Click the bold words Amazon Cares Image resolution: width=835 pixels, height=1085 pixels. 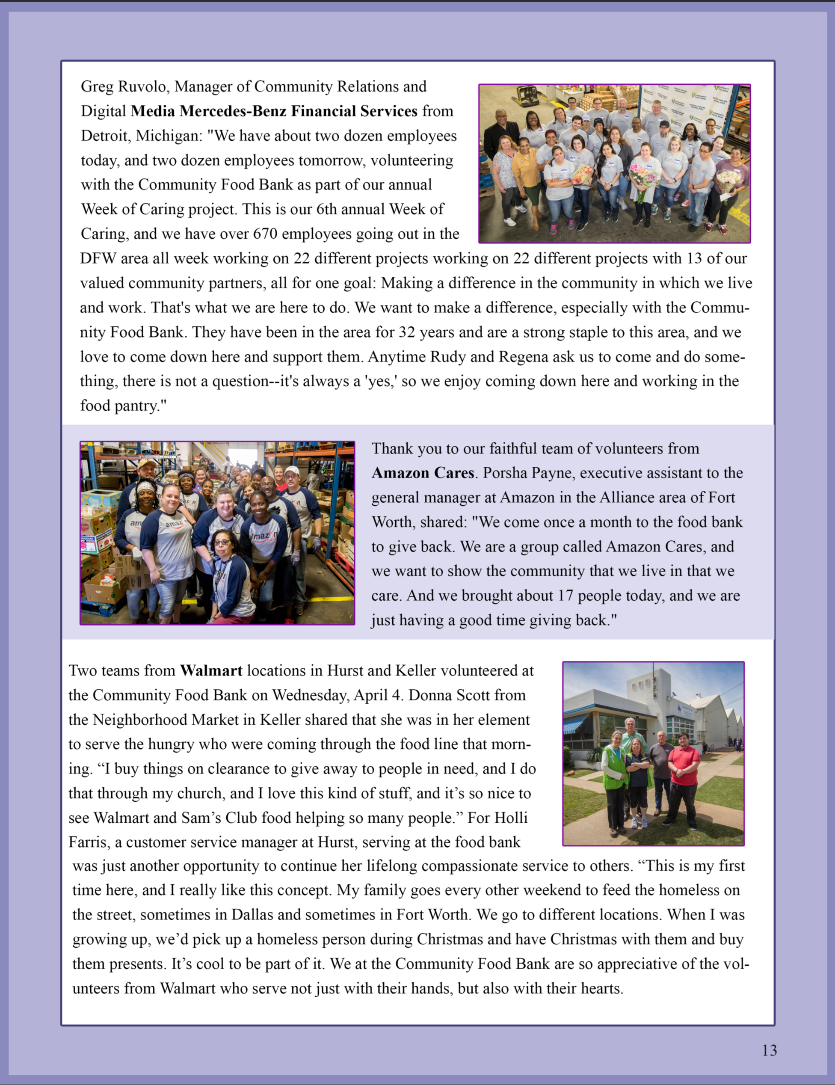423,472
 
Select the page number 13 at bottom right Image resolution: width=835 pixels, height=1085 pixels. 770,1050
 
